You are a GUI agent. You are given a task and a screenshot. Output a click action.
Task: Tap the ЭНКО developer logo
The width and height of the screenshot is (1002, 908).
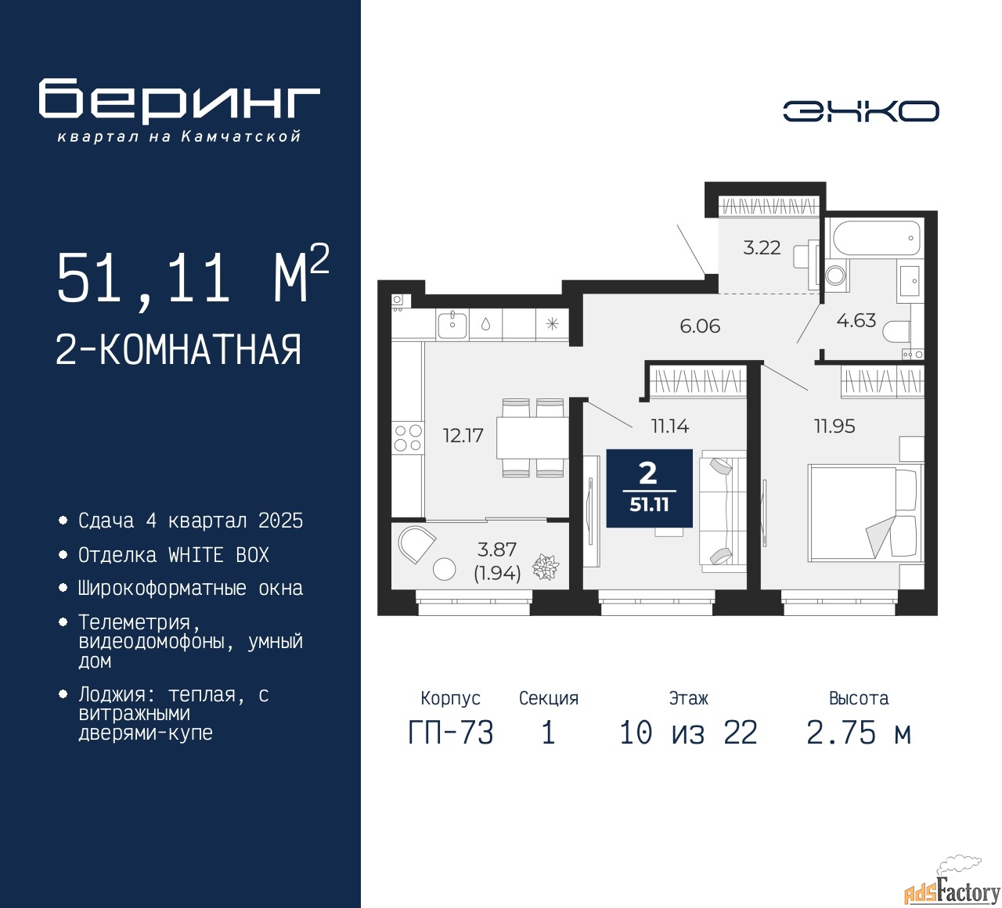click(x=860, y=111)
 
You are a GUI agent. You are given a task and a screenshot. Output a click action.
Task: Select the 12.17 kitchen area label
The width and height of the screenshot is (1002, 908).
click(x=463, y=435)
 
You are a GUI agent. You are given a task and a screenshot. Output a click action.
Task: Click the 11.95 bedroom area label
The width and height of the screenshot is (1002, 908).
click(x=834, y=426)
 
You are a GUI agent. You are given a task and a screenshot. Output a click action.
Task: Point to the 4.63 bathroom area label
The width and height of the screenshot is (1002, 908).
click(x=856, y=320)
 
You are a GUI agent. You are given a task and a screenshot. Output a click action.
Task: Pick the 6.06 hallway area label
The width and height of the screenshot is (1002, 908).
click(x=700, y=326)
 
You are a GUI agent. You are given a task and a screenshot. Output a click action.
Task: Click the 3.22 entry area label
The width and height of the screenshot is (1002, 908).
click(x=762, y=247)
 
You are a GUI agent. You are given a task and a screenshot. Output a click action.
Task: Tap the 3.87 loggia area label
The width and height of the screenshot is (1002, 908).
click(x=496, y=549)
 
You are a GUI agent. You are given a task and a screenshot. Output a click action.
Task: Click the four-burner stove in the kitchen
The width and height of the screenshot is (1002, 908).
click(x=408, y=438)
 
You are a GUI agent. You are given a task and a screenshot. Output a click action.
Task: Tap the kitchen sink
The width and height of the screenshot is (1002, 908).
click(x=452, y=325)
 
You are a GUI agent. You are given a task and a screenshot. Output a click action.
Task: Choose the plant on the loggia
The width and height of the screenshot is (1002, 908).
click(x=546, y=567)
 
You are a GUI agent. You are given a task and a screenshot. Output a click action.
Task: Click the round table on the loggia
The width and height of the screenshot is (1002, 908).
click(x=444, y=569)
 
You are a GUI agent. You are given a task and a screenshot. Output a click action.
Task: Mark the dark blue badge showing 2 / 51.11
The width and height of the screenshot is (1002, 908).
click(x=650, y=488)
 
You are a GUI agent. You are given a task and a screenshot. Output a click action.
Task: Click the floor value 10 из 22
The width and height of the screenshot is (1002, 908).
click(x=688, y=733)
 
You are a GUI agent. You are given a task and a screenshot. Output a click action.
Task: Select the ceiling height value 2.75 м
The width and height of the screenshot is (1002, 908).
click(x=859, y=733)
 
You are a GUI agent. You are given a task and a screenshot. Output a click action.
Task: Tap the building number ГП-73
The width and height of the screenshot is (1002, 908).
click(x=451, y=733)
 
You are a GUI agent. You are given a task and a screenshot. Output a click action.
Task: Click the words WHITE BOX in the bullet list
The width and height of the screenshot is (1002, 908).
click(x=218, y=555)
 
